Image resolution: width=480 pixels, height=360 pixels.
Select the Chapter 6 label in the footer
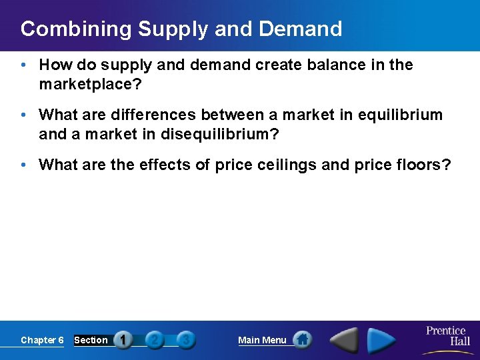click(42, 340)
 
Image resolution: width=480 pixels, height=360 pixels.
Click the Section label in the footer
click(91, 340)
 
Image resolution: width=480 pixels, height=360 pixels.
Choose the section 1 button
click(123, 340)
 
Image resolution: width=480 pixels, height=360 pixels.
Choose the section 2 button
click(155, 340)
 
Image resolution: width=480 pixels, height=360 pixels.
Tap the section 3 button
click(186, 340)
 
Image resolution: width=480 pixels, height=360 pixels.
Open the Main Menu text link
click(262, 340)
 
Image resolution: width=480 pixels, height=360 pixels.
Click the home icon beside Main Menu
click(302, 340)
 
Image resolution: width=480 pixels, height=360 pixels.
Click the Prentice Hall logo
click(446, 336)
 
